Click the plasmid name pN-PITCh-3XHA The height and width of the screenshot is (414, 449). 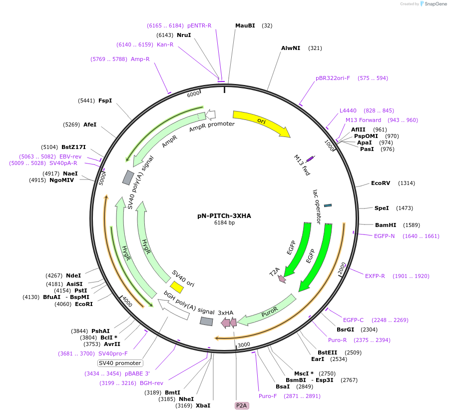pyautogui.click(x=224, y=216)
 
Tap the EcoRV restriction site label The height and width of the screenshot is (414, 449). pyautogui.click(x=381, y=183)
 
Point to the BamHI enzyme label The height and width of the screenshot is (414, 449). pyautogui.click(x=385, y=225)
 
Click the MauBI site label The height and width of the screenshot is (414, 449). pyautogui.click(x=245, y=25)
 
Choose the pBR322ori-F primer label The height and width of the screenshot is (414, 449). pyautogui.click(x=333, y=78)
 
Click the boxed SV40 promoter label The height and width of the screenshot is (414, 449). pyautogui.click(x=120, y=363)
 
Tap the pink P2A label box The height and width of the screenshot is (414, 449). pyautogui.click(x=241, y=405)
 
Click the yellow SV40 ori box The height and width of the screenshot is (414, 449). pyautogui.click(x=176, y=286)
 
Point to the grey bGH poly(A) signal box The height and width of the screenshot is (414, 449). pyautogui.click(x=206, y=321)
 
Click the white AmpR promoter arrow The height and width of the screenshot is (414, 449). pyautogui.click(x=210, y=114)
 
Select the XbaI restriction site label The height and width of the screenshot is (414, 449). pyautogui.click(x=203, y=405)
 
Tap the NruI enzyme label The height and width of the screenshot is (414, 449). pyautogui.click(x=184, y=35)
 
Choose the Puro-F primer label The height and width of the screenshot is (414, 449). pyautogui.click(x=268, y=396)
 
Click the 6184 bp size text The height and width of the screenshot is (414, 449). pyautogui.click(x=224, y=223)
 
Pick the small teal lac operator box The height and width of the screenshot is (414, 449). pyautogui.click(x=328, y=205)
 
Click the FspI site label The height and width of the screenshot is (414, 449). pyautogui.click(x=105, y=100)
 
